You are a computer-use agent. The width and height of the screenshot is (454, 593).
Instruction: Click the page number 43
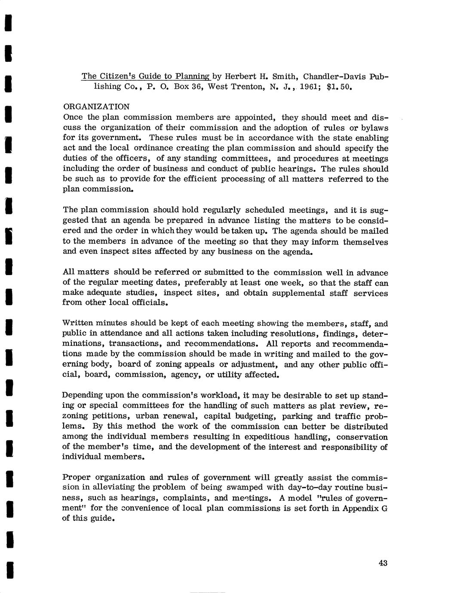(383, 563)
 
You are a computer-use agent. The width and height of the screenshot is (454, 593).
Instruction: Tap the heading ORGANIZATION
(96, 106)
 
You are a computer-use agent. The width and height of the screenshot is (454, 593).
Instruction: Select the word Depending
(82, 395)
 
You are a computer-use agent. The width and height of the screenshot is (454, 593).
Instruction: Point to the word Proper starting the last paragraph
(76, 477)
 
